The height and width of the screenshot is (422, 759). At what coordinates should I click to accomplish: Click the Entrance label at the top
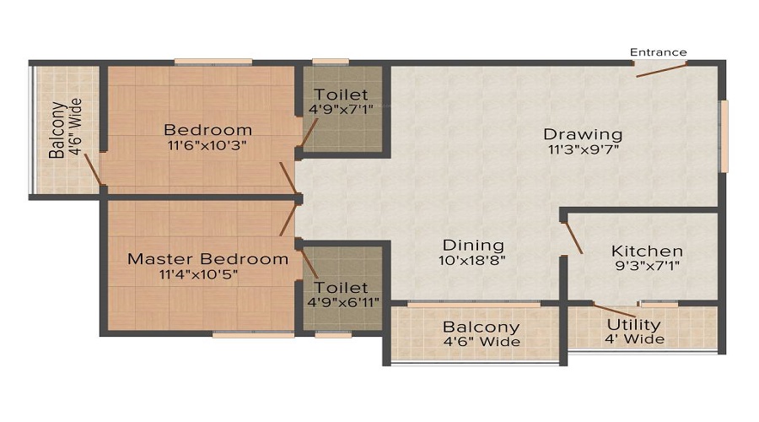pos(659,52)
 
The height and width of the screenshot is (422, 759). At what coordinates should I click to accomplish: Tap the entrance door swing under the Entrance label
pos(660,69)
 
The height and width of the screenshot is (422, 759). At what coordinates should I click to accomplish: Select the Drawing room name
pos(583,134)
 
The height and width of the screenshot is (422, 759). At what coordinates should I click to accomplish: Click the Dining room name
pos(473,246)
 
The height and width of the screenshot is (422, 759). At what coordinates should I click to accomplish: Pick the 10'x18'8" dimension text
pos(473,261)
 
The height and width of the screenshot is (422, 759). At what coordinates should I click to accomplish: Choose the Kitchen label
pos(647,252)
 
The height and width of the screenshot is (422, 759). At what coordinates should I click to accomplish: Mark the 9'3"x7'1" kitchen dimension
pos(647,266)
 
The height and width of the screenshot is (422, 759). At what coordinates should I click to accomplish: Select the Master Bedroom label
pos(207,259)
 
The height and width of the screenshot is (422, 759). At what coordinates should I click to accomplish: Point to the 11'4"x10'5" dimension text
pos(207,274)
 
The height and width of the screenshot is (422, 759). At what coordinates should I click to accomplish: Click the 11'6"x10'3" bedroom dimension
pos(207,144)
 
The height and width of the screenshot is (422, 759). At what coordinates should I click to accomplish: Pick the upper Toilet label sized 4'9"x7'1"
pos(341,95)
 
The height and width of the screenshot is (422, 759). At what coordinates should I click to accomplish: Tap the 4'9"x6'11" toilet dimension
pos(342,302)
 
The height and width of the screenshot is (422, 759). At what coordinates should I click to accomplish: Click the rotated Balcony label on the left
pos(57,130)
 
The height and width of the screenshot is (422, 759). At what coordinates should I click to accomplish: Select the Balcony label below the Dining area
pos(481,327)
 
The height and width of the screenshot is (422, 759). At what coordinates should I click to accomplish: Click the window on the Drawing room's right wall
pos(723,136)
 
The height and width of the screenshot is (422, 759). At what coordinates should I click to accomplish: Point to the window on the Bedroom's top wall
pos(213,62)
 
